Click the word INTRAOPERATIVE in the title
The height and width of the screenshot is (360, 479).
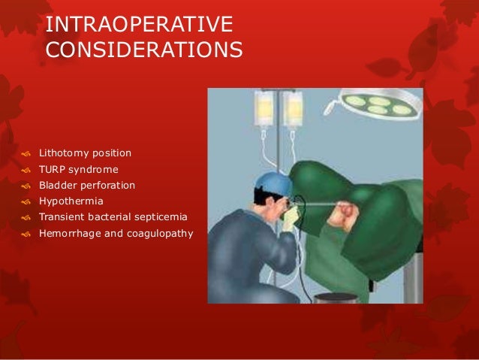tap(139, 24)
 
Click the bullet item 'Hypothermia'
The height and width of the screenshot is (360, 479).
tap(72, 201)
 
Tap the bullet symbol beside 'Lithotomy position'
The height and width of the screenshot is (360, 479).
tap(26, 154)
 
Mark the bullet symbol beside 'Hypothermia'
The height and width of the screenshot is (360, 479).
tap(26, 202)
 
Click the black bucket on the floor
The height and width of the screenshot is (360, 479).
tap(335, 298)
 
